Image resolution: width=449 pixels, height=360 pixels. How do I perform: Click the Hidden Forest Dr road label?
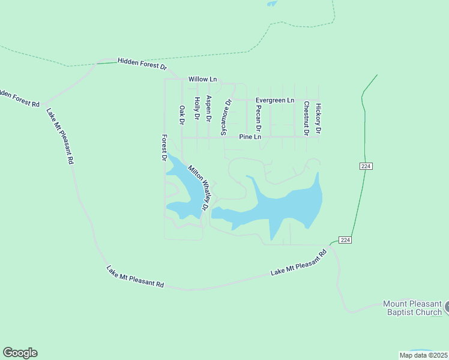coord(142,61)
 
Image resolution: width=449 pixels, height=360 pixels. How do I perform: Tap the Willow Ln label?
coord(202,79)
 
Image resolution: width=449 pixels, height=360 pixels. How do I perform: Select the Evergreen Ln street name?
coord(275,100)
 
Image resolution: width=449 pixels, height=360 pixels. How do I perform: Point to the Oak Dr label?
coord(182,115)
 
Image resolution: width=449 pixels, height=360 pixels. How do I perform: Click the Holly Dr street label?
coord(196,110)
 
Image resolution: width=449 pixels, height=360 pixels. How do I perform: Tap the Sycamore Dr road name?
coord(225,118)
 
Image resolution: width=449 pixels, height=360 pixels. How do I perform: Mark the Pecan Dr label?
coord(258,118)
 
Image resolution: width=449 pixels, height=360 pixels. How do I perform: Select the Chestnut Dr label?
coord(306,117)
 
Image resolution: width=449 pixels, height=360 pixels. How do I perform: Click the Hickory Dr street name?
coord(319,118)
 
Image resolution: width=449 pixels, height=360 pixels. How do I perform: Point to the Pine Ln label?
coord(250,137)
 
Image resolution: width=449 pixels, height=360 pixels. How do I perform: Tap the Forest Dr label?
coord(163,148)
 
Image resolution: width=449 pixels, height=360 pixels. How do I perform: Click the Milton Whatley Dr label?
coord(198,188)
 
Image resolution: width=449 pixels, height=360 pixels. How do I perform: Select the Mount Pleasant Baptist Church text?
coord(412,308)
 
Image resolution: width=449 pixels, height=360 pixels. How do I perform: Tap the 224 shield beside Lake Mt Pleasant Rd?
coord(344,240)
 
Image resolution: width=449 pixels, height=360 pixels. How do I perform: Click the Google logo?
coord(20,353)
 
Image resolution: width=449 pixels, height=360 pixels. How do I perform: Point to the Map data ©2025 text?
coord(423,355)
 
